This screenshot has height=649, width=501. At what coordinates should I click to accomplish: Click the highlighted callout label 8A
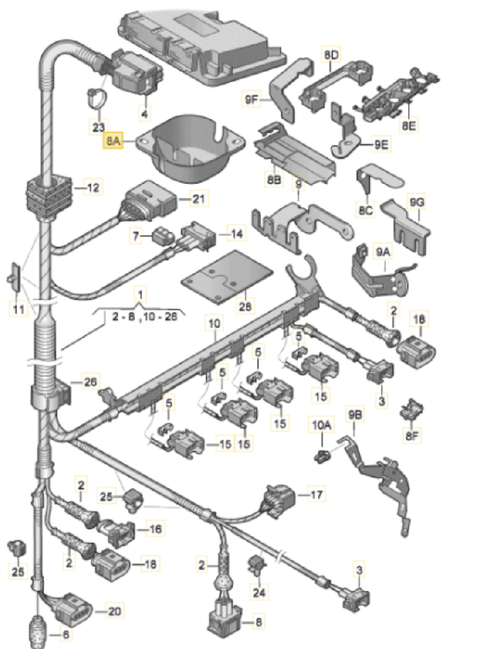coord(111,143)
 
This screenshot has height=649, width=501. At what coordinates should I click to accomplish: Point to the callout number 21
coord(198,199)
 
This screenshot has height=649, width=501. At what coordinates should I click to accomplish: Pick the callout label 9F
coord(253,101)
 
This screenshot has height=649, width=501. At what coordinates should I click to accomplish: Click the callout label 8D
coord(331,53)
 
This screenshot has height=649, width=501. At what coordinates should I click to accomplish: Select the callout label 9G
coord(418,201)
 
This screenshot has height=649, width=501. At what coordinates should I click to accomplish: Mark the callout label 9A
coord(383,251)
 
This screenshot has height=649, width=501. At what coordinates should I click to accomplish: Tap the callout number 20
coord(114,610)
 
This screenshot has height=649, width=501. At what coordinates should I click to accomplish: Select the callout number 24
coord(260,593)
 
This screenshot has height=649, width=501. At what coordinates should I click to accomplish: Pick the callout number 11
coord(16,309)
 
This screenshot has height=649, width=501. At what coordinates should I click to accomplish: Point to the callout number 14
coord(236,235)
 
